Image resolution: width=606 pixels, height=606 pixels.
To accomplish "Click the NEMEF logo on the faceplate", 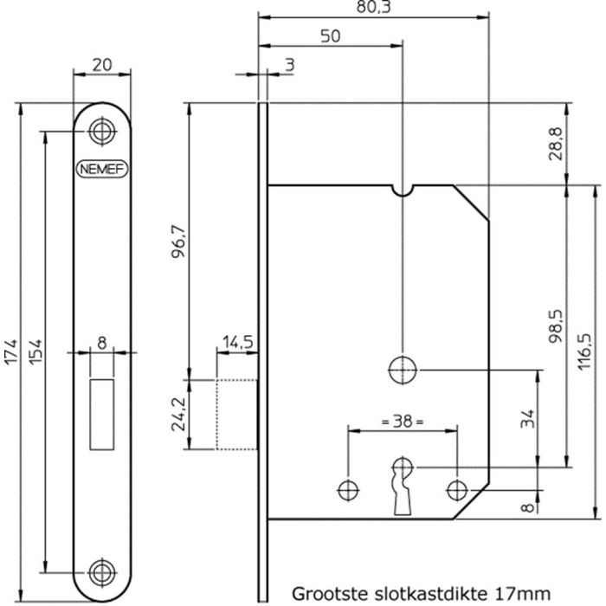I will click(103, 170).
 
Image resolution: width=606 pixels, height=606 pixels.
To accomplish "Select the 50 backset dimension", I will click(329, 35).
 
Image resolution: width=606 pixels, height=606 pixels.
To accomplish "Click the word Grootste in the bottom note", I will click(325, 594).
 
